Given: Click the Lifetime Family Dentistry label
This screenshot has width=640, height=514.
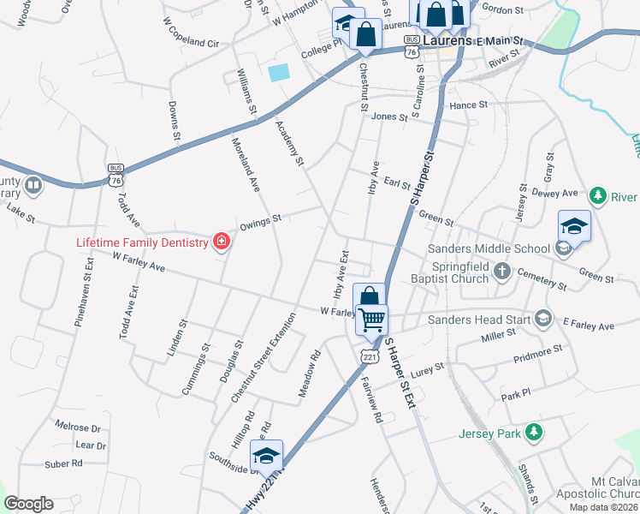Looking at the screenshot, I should [x=142, y=242].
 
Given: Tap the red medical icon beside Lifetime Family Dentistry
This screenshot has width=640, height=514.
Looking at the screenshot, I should [x=222, y=242].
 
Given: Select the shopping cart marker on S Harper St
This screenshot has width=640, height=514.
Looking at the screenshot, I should [x=371, y=320].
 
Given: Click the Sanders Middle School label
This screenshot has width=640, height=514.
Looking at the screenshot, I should [x=488, y=248].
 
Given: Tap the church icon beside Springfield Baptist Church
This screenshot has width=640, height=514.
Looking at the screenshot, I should [x=503, y=272].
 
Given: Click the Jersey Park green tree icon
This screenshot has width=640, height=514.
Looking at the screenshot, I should [x=534, y=433].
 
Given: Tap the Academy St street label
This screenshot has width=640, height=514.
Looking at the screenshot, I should [x=290, y=142].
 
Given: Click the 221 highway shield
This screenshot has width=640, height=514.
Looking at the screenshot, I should [x=368, y=355].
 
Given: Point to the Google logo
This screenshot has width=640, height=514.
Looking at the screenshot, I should [x=28, y=504].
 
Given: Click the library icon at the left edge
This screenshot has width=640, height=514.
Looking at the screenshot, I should [x=33, y=184].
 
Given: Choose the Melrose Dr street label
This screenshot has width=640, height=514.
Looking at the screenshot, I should [x=78, y=427].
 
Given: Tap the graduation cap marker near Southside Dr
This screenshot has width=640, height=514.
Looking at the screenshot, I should [x=268, y=458].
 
